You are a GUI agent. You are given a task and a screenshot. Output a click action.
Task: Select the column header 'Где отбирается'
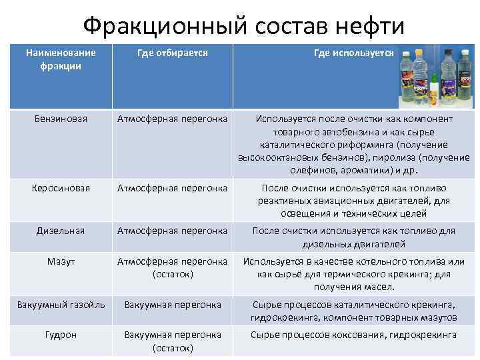pos(172,53)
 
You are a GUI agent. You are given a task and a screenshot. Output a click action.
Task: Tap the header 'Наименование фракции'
pos(61,59)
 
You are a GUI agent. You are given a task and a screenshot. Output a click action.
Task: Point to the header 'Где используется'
pos(354,53)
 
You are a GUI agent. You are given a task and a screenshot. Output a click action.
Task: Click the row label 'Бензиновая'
pos(61,119)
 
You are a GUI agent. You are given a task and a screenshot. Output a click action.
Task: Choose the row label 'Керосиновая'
pos(61,188)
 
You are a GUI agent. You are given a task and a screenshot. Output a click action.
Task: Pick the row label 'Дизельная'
pos(61,231)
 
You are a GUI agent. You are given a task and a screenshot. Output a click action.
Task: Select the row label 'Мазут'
pos(61,261)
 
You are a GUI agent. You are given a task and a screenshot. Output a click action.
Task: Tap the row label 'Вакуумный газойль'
pos(61,305)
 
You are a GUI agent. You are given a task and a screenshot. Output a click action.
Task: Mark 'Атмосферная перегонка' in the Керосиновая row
pos(172,188)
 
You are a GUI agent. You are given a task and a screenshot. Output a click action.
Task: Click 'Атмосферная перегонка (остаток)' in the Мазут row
pos(172,267)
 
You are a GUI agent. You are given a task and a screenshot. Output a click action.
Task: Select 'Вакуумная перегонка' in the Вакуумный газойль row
pos(172,305)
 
